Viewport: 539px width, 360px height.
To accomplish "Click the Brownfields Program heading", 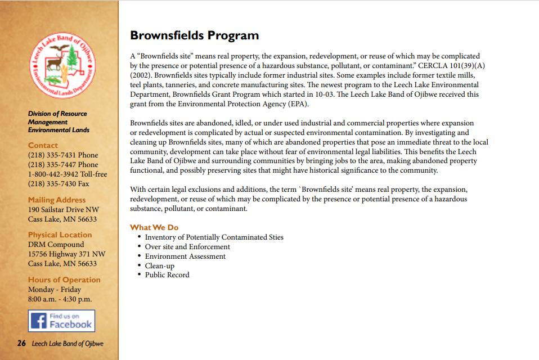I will tap(194, 35).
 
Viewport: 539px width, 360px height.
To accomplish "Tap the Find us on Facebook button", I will tap(61, 321).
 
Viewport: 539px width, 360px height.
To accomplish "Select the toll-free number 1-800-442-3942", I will tap(67, 174).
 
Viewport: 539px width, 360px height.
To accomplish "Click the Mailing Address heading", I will tap(57, 200).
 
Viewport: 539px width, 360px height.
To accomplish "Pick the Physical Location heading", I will tap(60, 235).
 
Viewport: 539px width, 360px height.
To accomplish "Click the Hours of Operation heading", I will tap(64, 280).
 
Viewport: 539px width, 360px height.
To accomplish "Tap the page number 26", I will tap(21, 344).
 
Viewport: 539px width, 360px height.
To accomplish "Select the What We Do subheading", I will tap(154, 227).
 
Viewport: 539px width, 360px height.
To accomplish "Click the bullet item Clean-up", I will tap(159, 265).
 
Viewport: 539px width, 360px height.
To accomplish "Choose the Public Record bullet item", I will tap(167, 274).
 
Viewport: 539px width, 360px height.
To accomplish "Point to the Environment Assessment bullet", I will tap(185, 256).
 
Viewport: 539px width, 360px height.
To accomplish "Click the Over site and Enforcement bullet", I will tap(187, 246).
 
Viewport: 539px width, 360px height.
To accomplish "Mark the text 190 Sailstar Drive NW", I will tap(64, 210).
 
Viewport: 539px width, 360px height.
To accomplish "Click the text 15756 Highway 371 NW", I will tap(66, 254).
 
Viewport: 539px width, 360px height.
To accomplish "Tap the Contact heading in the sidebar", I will tap(43, 145).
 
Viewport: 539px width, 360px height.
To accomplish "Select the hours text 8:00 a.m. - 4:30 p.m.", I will tap(60, 299).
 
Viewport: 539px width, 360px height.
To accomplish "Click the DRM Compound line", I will tap(56, 244).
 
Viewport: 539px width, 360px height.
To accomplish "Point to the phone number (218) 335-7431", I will tap(63, 155).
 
